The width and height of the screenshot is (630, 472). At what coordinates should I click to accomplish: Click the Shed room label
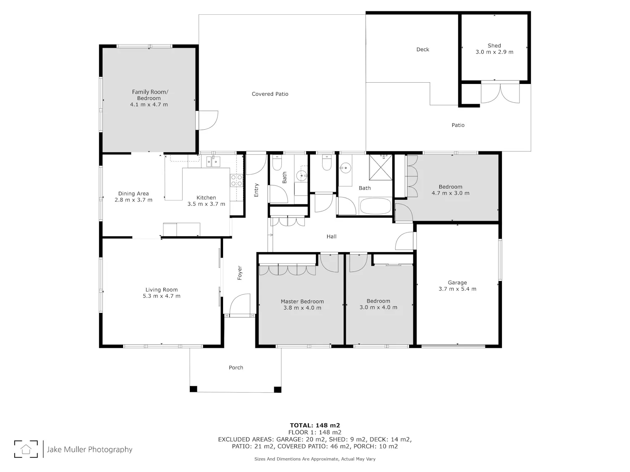click(494, 46)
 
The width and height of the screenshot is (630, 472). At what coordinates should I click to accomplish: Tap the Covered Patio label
click(270, 94)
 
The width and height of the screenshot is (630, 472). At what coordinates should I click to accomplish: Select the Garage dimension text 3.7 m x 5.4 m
click(457, 289)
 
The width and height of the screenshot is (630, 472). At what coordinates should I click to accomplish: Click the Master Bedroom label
click(302, 302)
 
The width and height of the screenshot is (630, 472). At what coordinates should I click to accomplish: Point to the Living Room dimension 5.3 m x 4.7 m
click(162, 296)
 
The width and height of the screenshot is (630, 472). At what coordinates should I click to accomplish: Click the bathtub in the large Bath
click(375, 206)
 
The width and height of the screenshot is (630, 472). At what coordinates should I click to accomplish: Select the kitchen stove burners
click(236, 180)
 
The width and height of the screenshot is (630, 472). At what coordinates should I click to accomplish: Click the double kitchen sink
click(213, 162)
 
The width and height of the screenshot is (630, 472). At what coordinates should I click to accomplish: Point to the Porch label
click(236, 368)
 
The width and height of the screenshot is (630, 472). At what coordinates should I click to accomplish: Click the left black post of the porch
click(194, 389)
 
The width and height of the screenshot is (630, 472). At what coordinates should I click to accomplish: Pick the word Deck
click(423, 50)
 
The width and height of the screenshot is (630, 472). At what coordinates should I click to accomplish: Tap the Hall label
click(331, 237)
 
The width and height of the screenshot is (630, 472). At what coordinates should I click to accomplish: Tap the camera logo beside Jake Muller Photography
click(26, 449)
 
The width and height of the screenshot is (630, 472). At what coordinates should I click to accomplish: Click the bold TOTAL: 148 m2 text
click(315, 425)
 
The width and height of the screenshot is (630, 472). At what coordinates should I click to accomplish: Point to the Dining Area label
click(134, 194)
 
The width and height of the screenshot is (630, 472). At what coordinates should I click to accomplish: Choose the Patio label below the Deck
click(458, 125)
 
